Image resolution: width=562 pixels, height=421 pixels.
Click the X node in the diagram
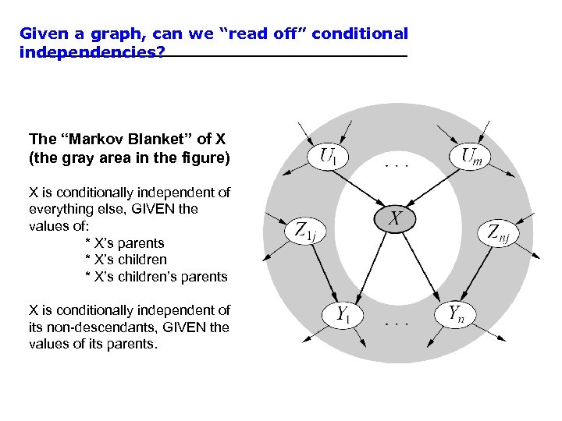pyautogui.click(x=396, y=219)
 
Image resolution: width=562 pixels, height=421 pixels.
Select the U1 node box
pyautogui.click(x=329, y=156)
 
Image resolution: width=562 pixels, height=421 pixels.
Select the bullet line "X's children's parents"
pyautogui.click(x=155, y=276)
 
